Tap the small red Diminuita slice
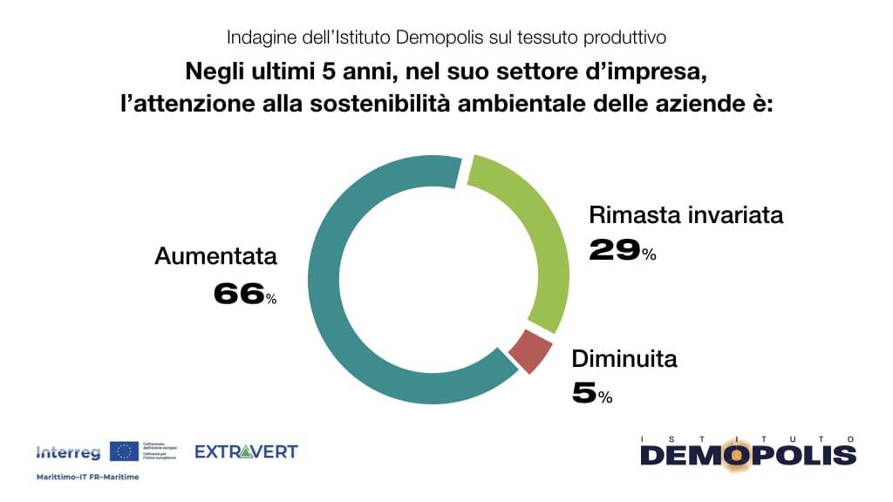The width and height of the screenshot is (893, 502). click(x=530, y=350)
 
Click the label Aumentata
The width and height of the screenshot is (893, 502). click(x=215, y=256)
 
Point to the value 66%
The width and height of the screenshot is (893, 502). click(x=244, y=295)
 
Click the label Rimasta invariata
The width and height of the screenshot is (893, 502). click(x=685, y=214)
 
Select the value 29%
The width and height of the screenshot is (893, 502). click(x=622, y=251)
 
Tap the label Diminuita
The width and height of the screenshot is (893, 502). click(x=624, y=358)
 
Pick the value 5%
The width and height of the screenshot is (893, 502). click(x=592, y=394)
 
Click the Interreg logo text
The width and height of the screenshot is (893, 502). click(x=68, y=452)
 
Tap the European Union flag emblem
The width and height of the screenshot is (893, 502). click(x=124, y=451)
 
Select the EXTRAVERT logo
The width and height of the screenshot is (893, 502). click(x=246, y=451)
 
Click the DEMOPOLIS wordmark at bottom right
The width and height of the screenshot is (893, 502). click(x=748, y=456)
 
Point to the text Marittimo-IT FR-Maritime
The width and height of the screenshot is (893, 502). click(x=87, y=477)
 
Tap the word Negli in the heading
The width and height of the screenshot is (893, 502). click(x=210, y=70)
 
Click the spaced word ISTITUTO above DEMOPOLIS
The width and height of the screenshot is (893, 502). click(x=748, y=438)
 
